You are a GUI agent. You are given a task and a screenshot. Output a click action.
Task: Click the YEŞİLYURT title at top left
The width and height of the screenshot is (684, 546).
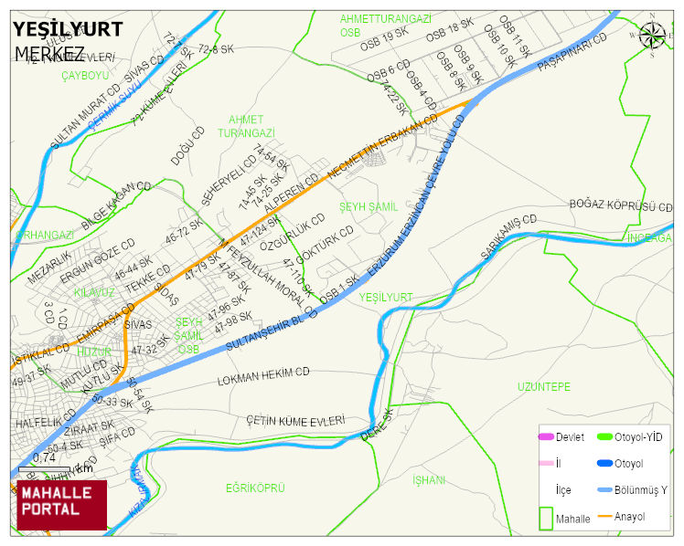pos(68,29)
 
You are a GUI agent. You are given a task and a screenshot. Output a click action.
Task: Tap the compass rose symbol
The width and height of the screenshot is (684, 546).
pos(652,36)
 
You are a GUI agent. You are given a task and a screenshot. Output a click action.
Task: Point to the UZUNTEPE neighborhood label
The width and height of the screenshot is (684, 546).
pos(543,386)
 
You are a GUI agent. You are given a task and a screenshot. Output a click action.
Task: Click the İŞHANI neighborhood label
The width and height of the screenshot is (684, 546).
pos(428,479)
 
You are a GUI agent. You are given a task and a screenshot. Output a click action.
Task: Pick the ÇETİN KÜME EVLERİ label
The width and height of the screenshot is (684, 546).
pos(295,420)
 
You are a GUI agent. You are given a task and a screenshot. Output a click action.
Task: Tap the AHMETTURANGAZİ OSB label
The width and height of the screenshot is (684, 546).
pos(385,25)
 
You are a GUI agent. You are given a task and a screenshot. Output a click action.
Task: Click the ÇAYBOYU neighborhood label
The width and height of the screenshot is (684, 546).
pos(85,75)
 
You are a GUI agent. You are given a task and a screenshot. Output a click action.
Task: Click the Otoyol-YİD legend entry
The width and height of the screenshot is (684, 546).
pos(638,437)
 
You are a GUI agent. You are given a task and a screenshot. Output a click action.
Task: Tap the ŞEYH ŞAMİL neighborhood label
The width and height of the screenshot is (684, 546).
pos(369,207)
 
